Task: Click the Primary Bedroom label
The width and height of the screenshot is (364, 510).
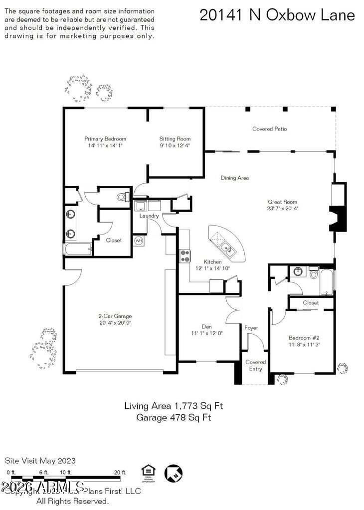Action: point(105,139)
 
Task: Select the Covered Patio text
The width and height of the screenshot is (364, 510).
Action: point(269,129)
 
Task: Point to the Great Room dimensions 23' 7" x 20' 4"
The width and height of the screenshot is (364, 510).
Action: point(283,209)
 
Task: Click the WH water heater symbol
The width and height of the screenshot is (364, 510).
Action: point(139,241)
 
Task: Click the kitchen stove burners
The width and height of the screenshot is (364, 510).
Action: point(185,255)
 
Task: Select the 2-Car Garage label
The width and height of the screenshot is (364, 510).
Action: point(115,316)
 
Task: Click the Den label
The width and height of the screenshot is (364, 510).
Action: point(206,327)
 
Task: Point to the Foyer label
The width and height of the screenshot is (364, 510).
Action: point(251,328)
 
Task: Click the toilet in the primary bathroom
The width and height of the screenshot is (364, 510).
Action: point(121,198)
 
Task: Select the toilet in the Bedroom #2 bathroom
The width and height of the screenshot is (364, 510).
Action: point(314,273)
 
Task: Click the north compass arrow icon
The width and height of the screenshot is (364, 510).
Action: point(173,473)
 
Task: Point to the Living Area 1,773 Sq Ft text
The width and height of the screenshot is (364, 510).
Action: point(174,406)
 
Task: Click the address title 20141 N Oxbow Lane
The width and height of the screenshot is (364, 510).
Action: point(277,15)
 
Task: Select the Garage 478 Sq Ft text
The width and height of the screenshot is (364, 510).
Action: point(174,417)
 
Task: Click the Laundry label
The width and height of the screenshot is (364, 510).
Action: point(149,216)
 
